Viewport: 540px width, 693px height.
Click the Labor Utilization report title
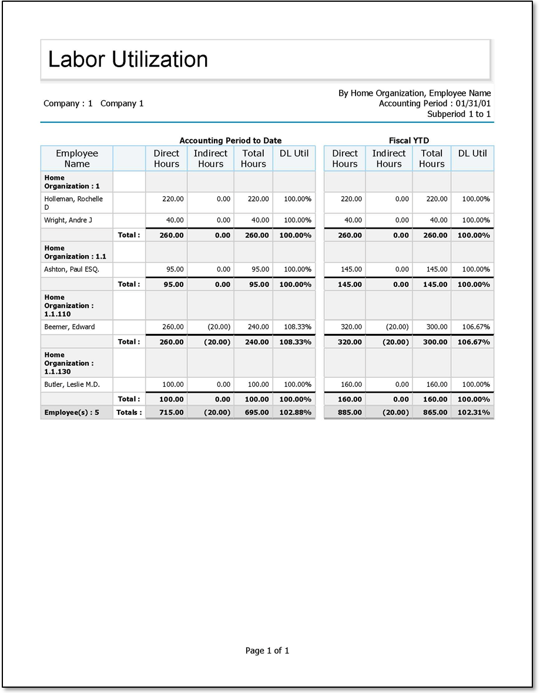click(128, 59)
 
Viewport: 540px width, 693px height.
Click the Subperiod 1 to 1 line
click(458, 114)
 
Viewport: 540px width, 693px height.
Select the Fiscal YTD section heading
click(408, 140)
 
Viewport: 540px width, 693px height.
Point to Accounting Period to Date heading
click(230, 140)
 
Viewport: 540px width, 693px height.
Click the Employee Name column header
click(77, 159)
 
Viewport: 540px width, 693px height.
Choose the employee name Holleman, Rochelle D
click(73, 203)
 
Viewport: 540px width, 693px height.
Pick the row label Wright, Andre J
click(68, 220)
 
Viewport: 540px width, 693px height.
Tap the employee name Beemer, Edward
click(69, 327)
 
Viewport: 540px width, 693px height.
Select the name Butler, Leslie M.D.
click(72, 384)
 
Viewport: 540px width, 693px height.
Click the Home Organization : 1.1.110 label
click(69, 306)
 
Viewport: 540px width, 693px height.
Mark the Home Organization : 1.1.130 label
click(69, 363)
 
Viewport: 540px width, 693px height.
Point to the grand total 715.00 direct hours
click(172, 413)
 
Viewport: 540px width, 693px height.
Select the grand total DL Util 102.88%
click(296, 413)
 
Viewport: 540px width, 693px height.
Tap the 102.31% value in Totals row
click(474, 413)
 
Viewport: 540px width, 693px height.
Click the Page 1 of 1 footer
click(267, 651)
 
